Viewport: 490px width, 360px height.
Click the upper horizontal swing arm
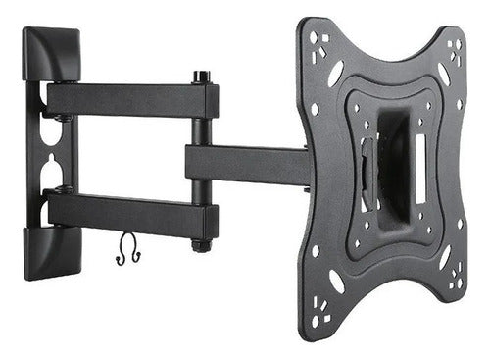(x=127, y=99)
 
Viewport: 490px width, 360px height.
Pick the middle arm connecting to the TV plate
(x=245, y=162)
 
